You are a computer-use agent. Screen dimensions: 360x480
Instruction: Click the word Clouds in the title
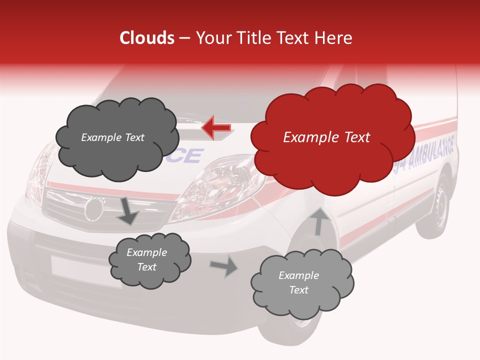[147, 38]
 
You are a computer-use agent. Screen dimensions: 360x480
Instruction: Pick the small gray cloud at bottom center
[149, 260]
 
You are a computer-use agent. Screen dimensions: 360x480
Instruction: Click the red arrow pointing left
[216, 128]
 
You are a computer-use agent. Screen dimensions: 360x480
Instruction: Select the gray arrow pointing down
[128, 210]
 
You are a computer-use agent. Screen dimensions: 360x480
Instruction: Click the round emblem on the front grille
[93, 208]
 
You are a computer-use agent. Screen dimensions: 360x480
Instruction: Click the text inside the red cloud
[326, 137]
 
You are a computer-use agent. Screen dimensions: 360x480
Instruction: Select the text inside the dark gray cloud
[112, 137]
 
